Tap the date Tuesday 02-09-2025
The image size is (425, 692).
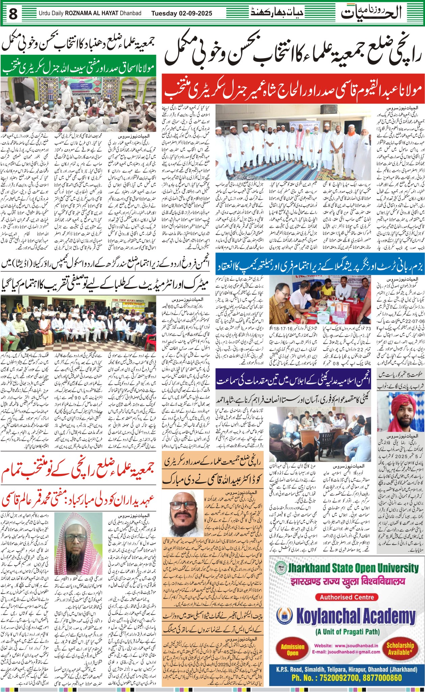click(x=182, y=14)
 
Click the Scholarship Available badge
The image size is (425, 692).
click(x=400, y=648)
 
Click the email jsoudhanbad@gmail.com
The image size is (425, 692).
click(x=346, y=652)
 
